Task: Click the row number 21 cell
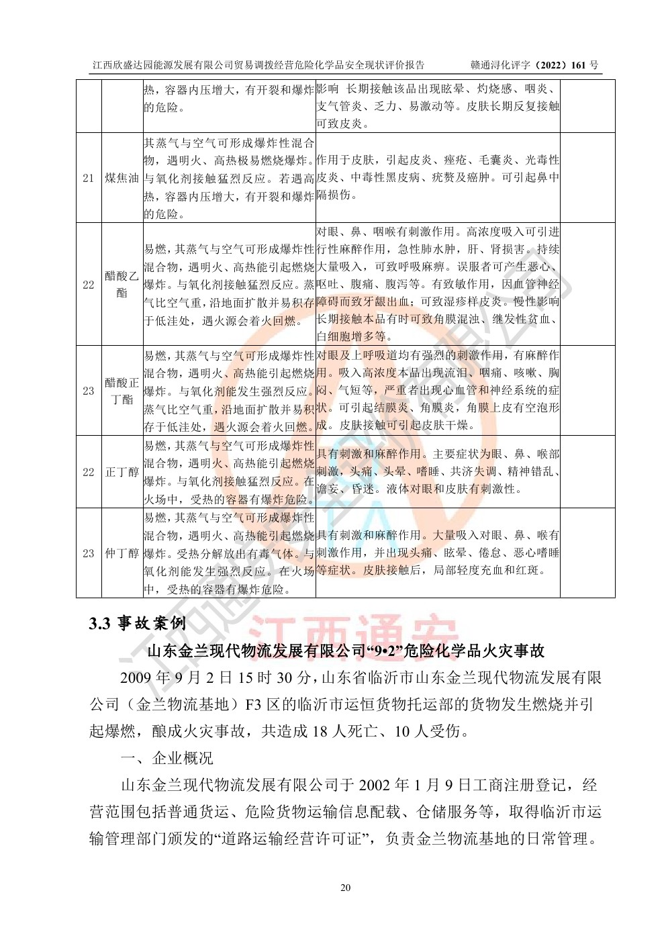(88, 178)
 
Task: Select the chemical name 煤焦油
(122, 178)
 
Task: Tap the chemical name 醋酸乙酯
(122, 284)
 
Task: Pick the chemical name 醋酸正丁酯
(122, 391)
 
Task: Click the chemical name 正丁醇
(122, 472)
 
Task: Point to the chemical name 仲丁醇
(122, 553)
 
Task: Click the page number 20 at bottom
(345, 888)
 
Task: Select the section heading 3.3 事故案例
(137, 623)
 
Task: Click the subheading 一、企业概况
(166, 758)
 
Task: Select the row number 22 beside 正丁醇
(88, 472)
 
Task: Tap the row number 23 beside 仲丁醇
(88, 553)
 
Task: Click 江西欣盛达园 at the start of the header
(121, 65)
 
